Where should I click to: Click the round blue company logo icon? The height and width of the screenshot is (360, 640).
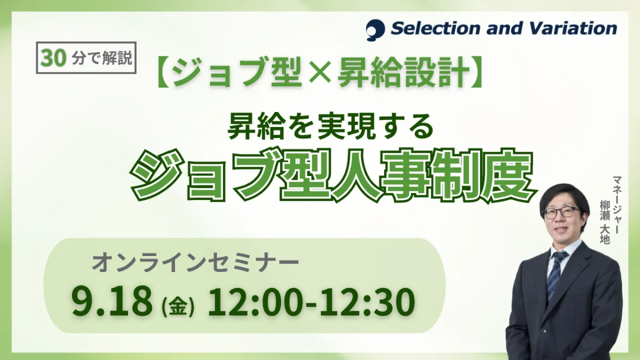[375, 30]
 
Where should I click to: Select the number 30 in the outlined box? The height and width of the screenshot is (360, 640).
[53, 58]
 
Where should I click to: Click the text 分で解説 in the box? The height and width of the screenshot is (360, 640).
[102, 58]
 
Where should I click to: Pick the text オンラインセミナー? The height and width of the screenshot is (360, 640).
[195, 263]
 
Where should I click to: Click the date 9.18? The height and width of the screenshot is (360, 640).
[112, 301]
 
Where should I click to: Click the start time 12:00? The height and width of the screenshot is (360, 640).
[255, 301]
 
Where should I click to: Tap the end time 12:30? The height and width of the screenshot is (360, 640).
[367, 301]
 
